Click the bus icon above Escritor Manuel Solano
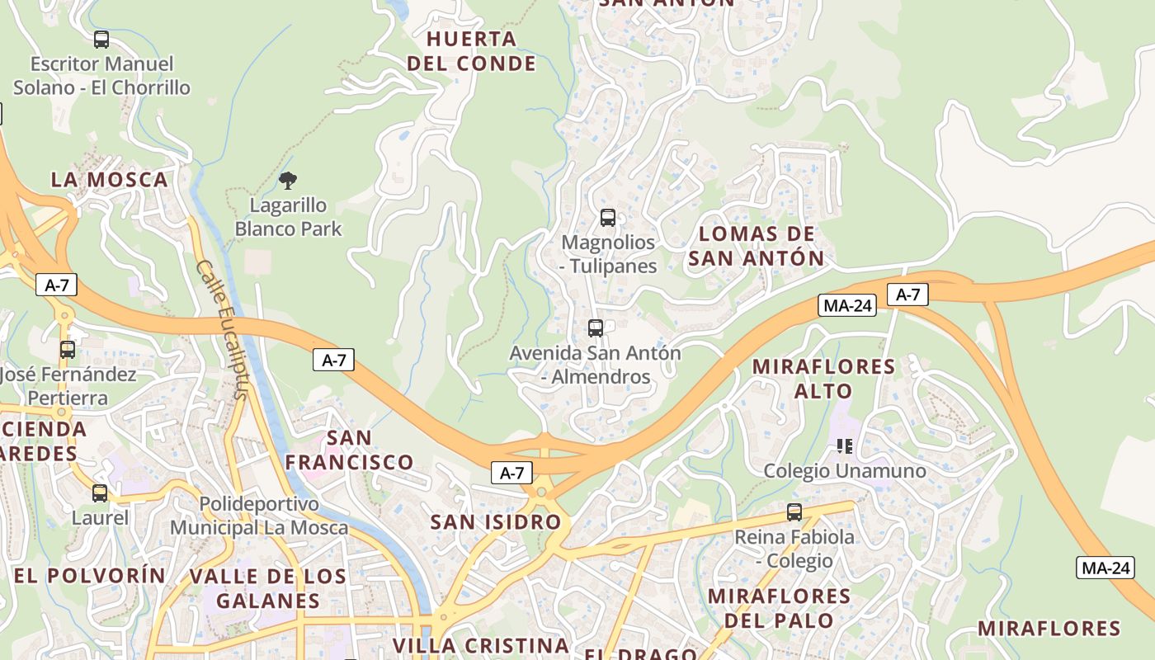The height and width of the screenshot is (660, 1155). pyautogui.click(x=101, y=39)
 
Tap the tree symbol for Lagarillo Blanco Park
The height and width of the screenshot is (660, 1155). pyautogui.click(x=288, y=181)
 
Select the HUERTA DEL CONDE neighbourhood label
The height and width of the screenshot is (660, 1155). pyautogui.click(x=471, y=51)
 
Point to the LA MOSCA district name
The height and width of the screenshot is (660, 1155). pyautogui.click(x=109, y=180)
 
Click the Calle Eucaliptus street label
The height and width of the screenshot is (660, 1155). pyautogui.click(x=223, y=330)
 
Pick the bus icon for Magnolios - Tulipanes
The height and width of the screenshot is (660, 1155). pyautogui.click(x=608, y=218)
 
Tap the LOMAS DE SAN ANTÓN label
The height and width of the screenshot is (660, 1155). pyautogui.click(x=757, y=246)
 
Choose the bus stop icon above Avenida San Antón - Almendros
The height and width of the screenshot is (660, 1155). pyautogui.click(x=596, y=328)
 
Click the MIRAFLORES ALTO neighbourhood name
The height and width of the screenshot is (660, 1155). pyautogui.click(x=823, y=378)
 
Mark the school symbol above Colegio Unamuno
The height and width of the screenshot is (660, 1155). pyautogui.click(x=844, y=446)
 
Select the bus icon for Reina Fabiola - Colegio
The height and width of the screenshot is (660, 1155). pyautogui.click(x=794, y=512)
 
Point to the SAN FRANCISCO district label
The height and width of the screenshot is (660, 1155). pyautogui.click(x=349, y=450)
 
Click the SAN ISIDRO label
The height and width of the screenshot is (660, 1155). pyautogui.click(x=496, y=522)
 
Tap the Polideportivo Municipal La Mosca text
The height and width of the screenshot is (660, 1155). pyautogui.click(x=259, y=516)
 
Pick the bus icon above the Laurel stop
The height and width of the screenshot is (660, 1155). pyautogui.click(x=100, y=493)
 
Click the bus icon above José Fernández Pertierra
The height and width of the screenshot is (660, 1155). pyautogui.click(x=68, y=350)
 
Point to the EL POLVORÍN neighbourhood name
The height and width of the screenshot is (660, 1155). pyautogui.click(x=90, y=576)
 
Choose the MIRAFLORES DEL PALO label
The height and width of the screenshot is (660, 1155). pyautogui.click(x=779, y=607)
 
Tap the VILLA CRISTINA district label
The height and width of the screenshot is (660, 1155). pyautogui.click(x=481, y=645)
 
